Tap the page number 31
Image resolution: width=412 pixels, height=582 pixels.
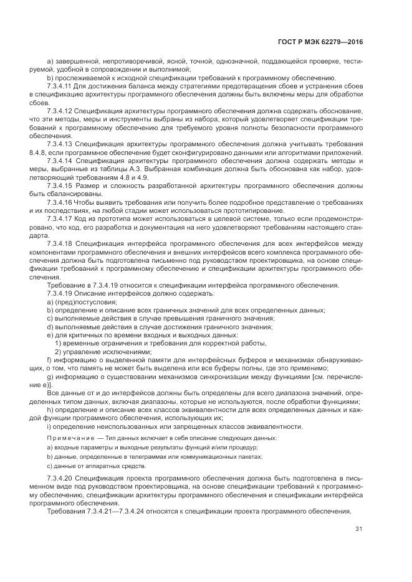[x=359, y=530]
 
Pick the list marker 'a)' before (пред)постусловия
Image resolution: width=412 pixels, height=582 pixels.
[x=50, y=301]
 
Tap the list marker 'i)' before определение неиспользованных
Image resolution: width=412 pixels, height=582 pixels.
[x=49, y=426]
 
